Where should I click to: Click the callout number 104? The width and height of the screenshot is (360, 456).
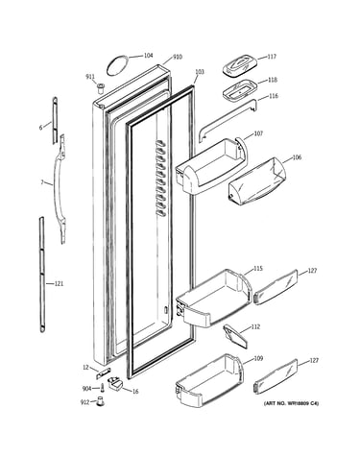148,56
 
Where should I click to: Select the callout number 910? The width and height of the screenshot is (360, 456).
178,57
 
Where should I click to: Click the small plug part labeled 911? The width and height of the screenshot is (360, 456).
101,87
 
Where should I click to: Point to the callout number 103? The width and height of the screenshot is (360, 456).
199,72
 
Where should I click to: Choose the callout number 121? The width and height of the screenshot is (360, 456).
59,283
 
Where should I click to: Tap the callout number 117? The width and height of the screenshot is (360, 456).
272,57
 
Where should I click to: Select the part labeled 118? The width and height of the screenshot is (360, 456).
240,90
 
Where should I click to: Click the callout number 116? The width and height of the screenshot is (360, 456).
274,96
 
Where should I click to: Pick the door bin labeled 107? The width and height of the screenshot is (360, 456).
212,166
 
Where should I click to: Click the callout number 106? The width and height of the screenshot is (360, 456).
297,157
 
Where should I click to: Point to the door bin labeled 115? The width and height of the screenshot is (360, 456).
213,299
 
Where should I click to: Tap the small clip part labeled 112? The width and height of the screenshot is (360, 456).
236,336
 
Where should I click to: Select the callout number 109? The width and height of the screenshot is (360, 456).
258,358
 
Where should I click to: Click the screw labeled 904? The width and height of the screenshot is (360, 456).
102,388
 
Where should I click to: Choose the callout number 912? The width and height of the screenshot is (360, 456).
84,402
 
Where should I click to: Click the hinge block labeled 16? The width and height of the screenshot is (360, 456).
115,383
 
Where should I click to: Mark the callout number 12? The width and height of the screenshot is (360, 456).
85,368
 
